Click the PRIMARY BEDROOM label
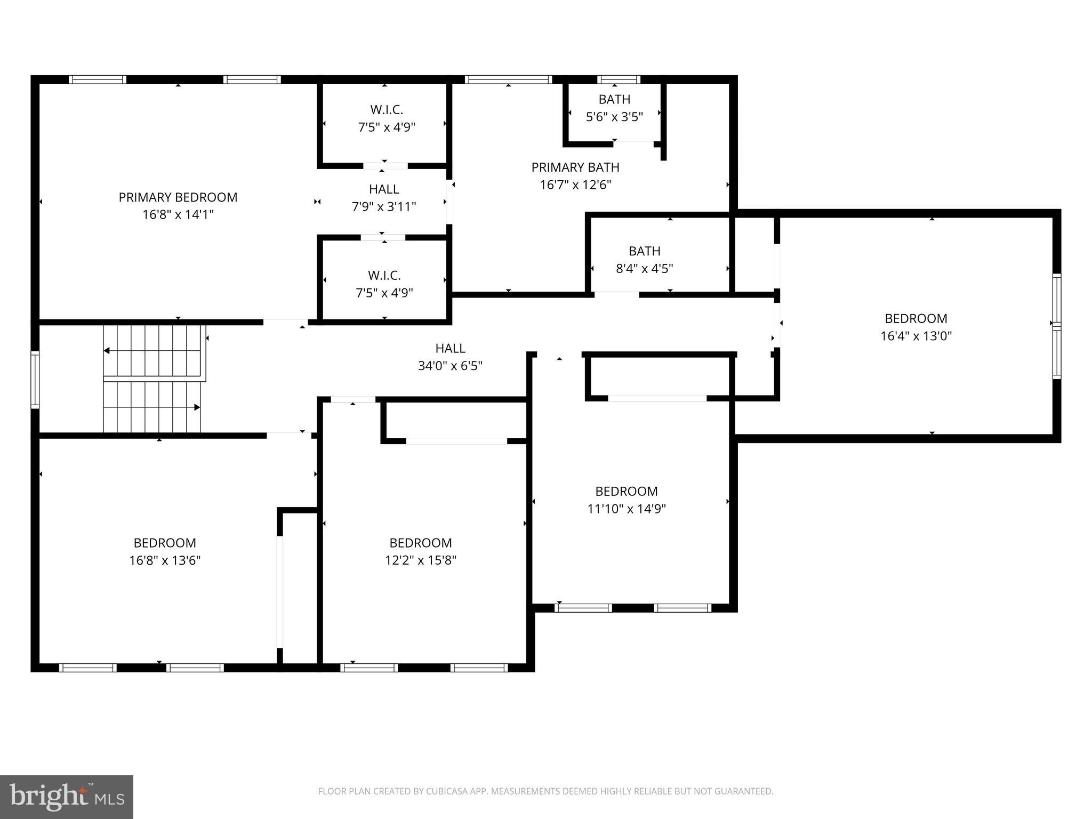click(x=178, y=197)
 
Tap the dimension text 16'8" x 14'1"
click(x=178, y=215)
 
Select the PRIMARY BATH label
click(x=575, y=167)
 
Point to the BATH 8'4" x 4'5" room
click(x=644, y=260)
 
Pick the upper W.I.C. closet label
click(x=386, y=110)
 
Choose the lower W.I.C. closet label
click(x=384, y=276)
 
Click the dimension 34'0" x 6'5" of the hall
click(x=450, y=366)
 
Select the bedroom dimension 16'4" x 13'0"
click(x=916, y=336)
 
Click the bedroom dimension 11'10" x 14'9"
click(x=626, y=509)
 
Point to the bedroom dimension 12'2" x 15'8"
click(x=420, y=560)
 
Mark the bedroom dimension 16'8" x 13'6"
click(x=164, y=560)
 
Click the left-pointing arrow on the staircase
click(x=107, y=351)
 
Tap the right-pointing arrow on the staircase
click(x=197, y=407)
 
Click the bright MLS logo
click(x=66, y=797)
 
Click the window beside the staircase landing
click(x=35, y=380)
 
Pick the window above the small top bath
click(x=618, y=79)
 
